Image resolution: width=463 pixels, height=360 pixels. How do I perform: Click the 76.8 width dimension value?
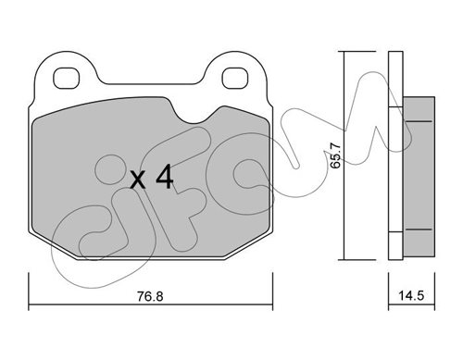tap(150, 296)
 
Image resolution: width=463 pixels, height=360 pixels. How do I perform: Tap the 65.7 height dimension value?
tap(335, 155)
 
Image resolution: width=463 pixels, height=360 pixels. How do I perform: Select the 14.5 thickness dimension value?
tap(411, 296)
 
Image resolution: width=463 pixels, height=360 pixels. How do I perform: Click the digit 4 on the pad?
tap(164, 176)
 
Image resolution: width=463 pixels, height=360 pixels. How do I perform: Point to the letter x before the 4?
tap(138, 180)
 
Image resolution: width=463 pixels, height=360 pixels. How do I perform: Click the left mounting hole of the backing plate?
tap(67, 78)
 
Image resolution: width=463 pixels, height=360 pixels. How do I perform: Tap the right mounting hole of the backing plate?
tap(235, 78)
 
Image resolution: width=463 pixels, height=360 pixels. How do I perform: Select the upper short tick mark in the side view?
tap(419, 121)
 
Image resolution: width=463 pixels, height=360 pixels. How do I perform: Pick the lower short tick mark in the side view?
tap(419, 230)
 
